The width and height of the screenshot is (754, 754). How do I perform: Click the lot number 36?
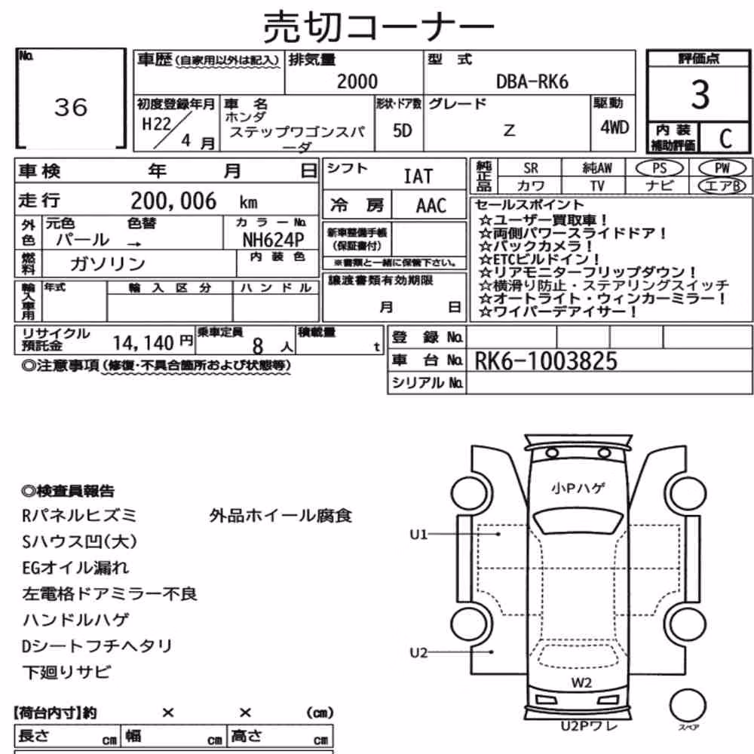tap(71, 107)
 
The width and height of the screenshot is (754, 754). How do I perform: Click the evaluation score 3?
tap(700, 94)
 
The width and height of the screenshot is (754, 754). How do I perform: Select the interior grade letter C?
tap(725, 139)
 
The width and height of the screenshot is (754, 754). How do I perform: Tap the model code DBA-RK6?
tap(532, 81)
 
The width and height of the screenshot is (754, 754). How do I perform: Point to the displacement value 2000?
tap(357, 81)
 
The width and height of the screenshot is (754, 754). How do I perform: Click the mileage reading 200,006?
tap(173, 201)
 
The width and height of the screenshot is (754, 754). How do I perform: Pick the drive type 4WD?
tap(615, 127)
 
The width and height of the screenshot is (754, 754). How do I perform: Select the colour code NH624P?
tap(273, 240)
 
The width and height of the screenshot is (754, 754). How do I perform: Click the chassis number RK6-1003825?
tap(546, 361)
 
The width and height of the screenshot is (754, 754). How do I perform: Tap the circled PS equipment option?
tap(659, 168)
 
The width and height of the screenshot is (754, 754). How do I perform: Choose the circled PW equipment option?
tap(722, 168)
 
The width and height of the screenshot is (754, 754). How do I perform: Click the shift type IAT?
tap(418, 176)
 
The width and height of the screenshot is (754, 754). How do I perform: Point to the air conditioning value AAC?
tap(431, 206)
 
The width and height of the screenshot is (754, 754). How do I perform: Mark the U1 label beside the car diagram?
tap(418, 535)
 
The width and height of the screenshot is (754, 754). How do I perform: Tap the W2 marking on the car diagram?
tap(581, 682)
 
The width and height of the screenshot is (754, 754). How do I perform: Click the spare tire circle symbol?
tap(688, 706)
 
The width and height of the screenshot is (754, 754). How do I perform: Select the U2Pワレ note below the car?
tap(589, 725)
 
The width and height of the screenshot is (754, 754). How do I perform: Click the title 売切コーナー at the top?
tap(379, 27)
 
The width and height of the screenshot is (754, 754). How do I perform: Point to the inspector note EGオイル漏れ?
tap(75, 568)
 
